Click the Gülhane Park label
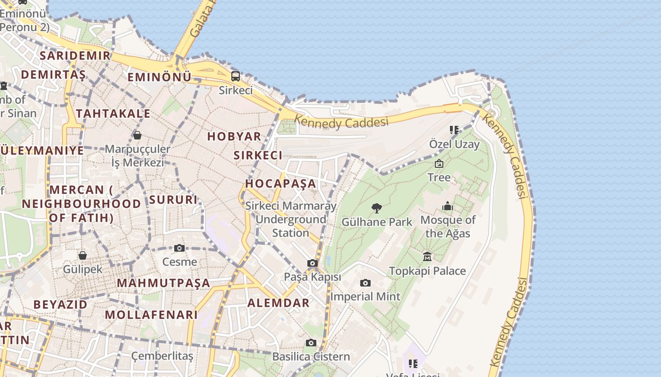click(377, 222)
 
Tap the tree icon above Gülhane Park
click(376, 208)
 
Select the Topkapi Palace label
click(427, 271)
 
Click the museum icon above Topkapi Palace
click(427, 256)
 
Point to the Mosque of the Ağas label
click(448, 227)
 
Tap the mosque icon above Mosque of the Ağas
click(447, 206)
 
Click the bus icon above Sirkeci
click(235, 76)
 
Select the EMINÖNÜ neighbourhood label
click(160, 77)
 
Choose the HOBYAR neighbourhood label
click(234, 137)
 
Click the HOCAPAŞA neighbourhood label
click(280, 184)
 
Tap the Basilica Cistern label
click(311, 357)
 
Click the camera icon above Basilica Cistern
click(311, 343)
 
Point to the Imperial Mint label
click(365, 297)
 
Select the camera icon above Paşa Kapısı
click(312, 263)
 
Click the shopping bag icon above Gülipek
click(83, 255)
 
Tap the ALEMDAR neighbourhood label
click(279, 303)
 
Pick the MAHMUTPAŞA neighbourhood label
click(163, 283)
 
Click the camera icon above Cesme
click(179, 248)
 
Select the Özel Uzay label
click(454, 144)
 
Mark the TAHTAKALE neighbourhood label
click(113, 114)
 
